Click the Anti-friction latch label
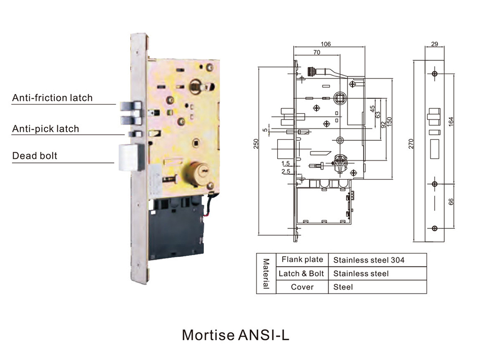coord(52,98)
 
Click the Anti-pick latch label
coord(46,129)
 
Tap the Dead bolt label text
coord(35,156)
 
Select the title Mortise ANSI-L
coord(235,334)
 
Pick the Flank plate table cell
coord(302,260)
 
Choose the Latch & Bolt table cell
coord(302,274)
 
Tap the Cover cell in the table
coord(302,287)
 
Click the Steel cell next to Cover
coord(343,287)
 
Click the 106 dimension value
coord(325,44)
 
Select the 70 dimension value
coord(317,52)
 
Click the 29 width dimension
coord(435,44)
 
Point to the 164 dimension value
coord(451,122)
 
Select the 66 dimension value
coord(451,201)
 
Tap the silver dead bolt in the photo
coord(130,156)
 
